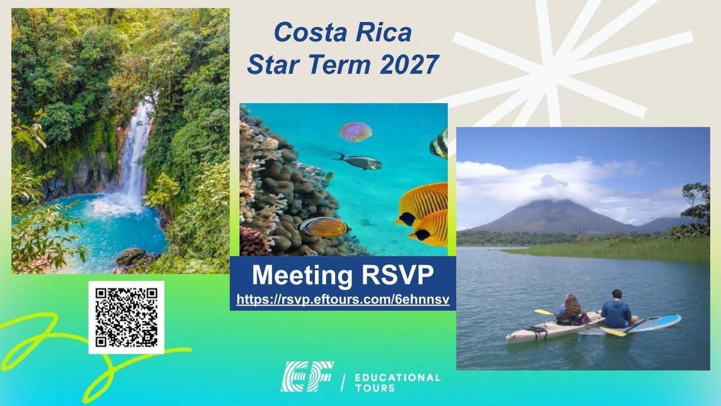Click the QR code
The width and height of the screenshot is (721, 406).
[127, 318]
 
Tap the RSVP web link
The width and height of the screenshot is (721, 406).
[343, 300]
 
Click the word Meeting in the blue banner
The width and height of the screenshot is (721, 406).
[302, 275]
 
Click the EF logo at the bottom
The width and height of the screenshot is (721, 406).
[307, 377]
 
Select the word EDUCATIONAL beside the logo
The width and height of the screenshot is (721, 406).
[398, 378]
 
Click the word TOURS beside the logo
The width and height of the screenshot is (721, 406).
[375, 388]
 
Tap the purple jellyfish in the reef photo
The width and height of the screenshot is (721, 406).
[356, 132]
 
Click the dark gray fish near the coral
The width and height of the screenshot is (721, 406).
[359, 161]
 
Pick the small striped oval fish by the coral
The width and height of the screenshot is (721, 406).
[323, 227]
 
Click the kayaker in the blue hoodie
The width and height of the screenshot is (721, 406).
[616, 309]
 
